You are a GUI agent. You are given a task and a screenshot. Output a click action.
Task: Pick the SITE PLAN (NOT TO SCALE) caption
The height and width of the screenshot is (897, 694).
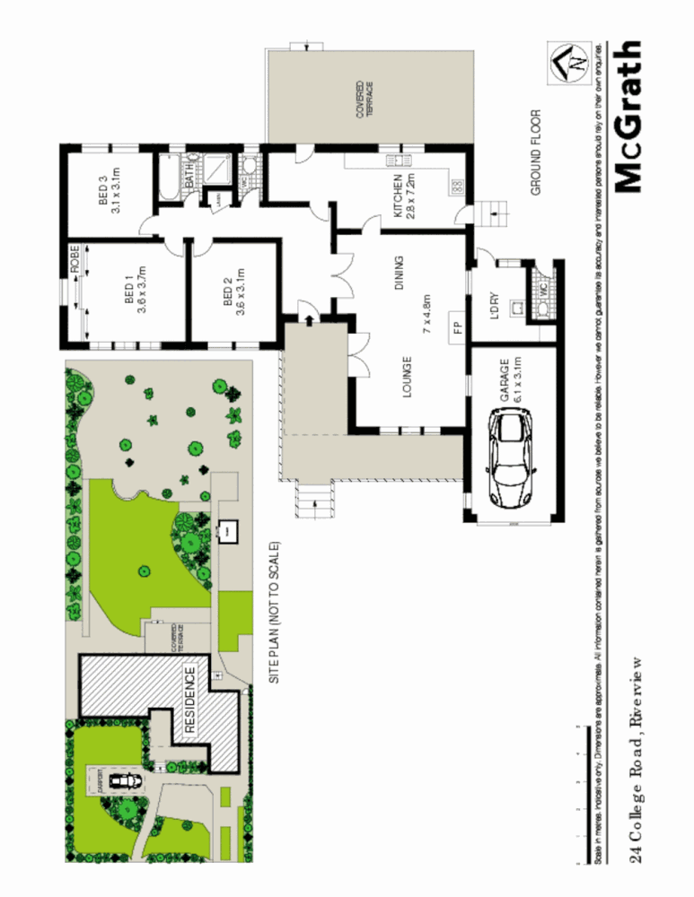(276, 613)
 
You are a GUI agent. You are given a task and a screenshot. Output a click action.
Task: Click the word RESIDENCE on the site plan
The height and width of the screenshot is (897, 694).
(190, 701)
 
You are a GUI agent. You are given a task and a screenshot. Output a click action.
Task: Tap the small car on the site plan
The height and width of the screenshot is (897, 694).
(124, 782)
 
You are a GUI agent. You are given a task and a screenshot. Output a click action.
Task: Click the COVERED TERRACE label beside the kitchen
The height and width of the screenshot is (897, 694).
(365, 100)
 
